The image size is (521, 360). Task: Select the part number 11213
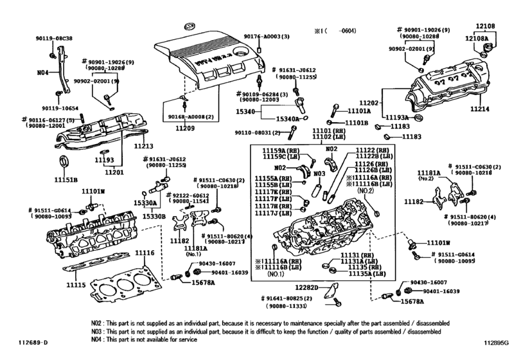tap(143, 146)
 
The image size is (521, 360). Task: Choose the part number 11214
tap(497, 109)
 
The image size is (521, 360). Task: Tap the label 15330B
tap(154, 215)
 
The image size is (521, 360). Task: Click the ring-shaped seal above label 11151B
tap(65, 161)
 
